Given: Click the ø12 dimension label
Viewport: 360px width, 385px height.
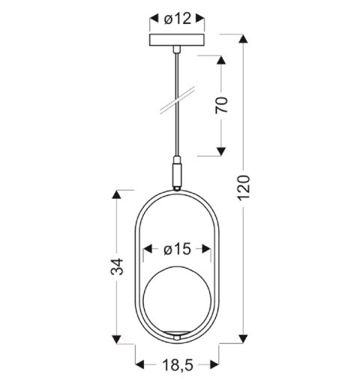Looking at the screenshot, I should click(x=177, y=18).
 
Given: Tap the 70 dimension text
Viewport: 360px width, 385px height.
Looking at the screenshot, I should click(x=221, y=106).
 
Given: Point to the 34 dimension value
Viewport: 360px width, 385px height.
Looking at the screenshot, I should click(x=117, y=267).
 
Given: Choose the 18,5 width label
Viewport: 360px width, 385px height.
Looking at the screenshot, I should click(x=178, y=365).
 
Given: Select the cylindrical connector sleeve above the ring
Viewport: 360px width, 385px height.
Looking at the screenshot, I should click(x=177, y=173).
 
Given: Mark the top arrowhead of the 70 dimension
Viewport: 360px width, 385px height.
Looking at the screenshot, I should click(x=221, y=60).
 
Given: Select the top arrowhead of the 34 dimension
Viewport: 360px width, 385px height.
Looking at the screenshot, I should click(x=117, y=195).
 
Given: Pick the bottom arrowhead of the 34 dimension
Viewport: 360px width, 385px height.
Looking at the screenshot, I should click(x=117, y=338).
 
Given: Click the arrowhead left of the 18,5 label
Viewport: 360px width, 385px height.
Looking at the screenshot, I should click(x=140, y=365).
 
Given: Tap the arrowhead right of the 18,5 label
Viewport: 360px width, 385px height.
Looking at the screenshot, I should click(x=216, y=365).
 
